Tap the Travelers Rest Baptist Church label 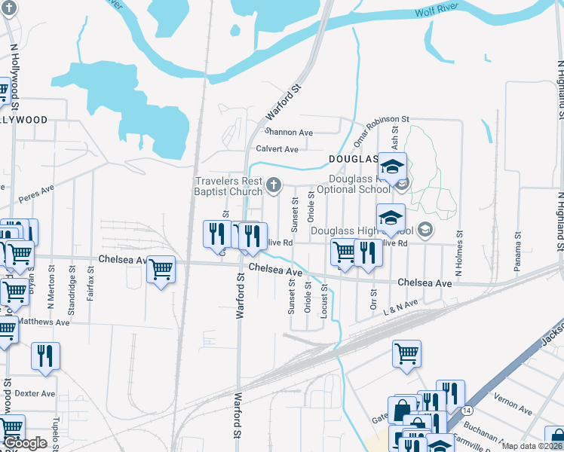click(x=228, y=186)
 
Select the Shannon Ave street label click(x=284, y=133)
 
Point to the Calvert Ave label click(x=277, y=149)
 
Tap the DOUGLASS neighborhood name click(x=353, y=160)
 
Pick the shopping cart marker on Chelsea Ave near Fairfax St click(x=161, y=269)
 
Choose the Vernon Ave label click(x=513, y=403)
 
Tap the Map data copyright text click(x=531, y=445)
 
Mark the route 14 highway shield click(x=467, y=410)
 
